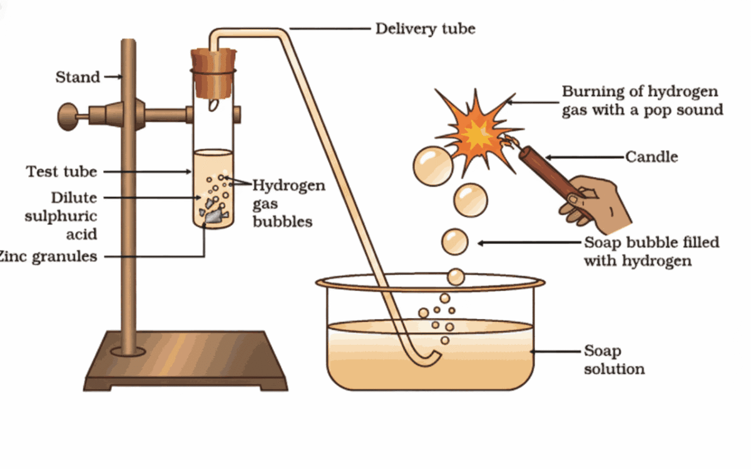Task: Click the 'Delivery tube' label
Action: [x=425, y=29]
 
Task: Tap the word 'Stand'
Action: [x=78, y=78]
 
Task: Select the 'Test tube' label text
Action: [x=61, y=171]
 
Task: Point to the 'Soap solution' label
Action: [x=614, y=360]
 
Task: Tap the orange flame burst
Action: [x=477, y=132]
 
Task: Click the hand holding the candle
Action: [x=595, y=200]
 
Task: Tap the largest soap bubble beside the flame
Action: [x=432, y=166]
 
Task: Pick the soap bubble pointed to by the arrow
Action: [x=455, y=242]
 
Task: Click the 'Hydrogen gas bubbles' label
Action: [x=288, y=204]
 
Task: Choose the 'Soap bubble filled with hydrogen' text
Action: [x=651, y=251]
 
